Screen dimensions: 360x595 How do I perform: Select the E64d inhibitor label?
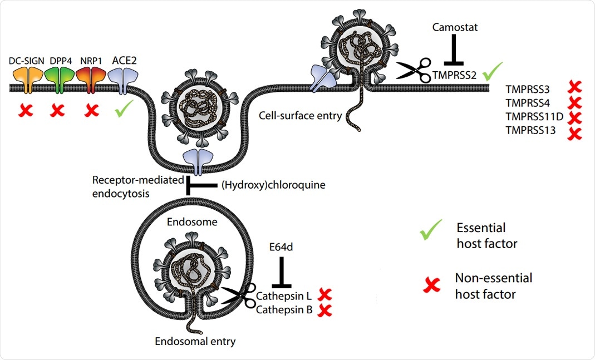pos(281,246)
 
